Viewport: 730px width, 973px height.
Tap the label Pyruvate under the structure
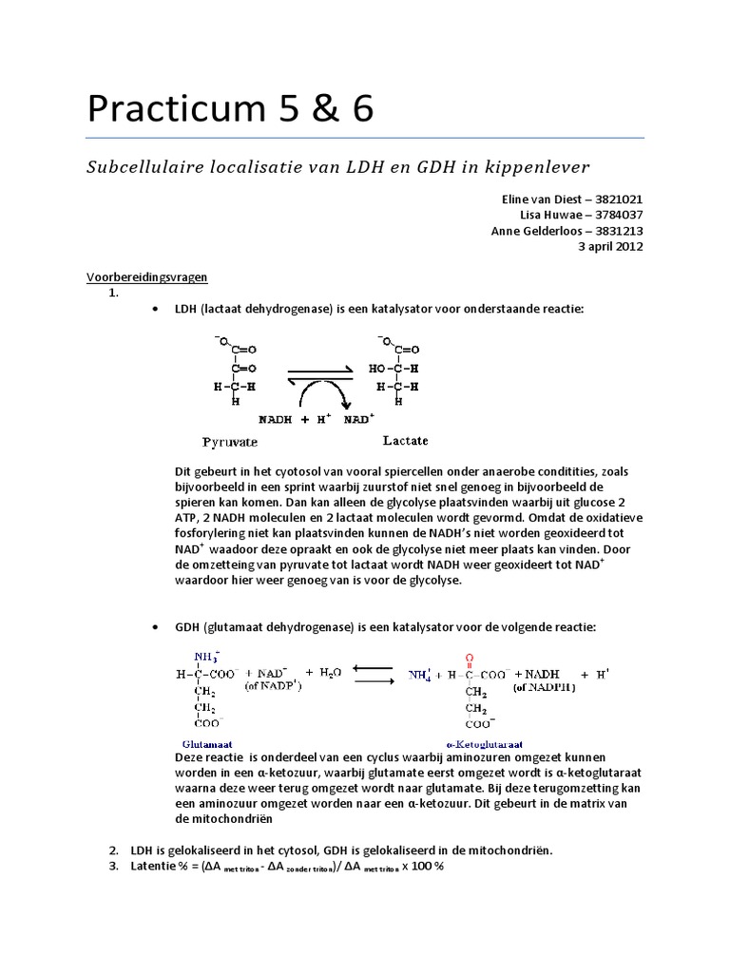(x=230, y=442)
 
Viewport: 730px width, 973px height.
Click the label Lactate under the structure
(x=405, y=440)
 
